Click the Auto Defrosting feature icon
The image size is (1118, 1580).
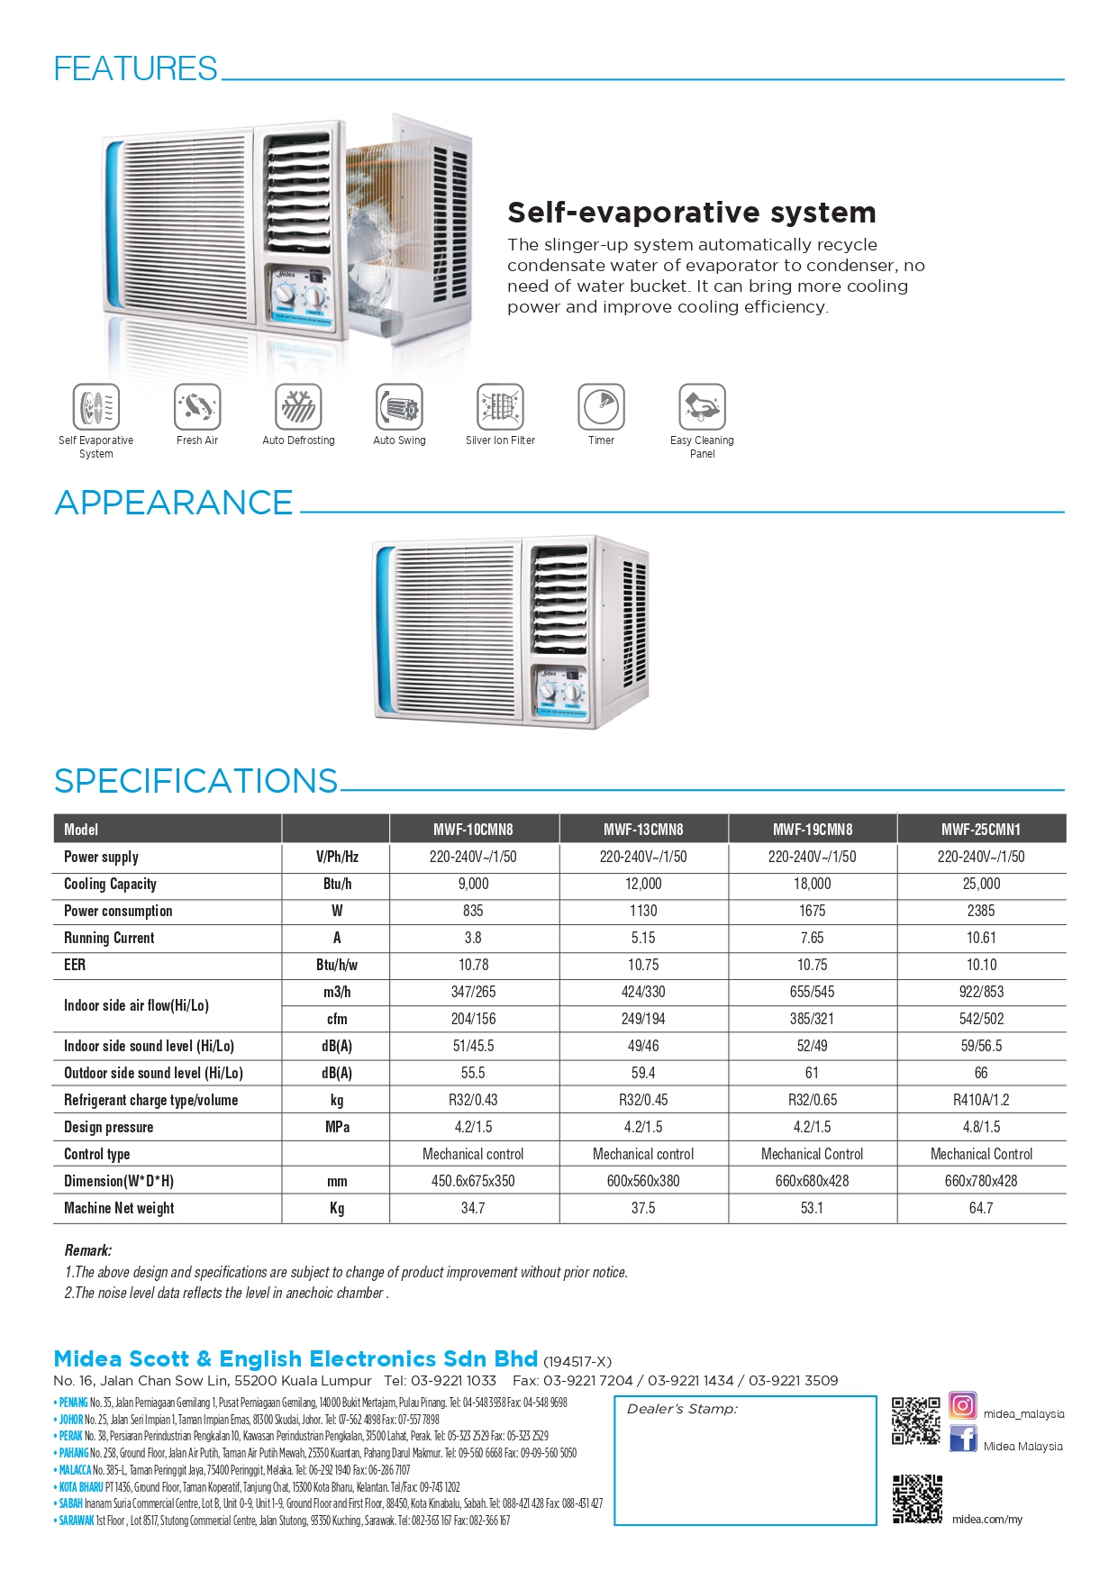[298, 406]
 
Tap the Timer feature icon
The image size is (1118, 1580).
[601, 406]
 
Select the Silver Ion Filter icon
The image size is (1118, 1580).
[500, 406]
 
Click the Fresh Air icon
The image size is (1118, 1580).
[197, 406]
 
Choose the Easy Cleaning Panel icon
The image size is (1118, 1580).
[702, 406]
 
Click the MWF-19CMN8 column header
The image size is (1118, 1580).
[812, 829]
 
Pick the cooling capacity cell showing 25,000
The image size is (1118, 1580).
[981, 884]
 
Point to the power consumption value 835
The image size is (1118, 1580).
[473, 911]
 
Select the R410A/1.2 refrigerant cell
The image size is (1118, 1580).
[981, 1100]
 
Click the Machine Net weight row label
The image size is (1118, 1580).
[119, 1208]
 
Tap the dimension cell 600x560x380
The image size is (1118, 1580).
[643, 1181]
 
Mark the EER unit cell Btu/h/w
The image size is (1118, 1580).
[337, 965]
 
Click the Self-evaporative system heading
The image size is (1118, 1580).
[691, 213]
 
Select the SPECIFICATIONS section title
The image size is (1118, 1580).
[195, 781]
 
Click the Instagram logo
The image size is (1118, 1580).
[962, 1406]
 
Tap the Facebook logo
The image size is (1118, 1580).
[962, 1439]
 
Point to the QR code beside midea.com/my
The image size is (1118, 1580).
[917, 1500]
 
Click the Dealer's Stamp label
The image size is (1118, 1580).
[682, 1409]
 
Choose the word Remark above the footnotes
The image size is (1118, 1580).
[87, 1250]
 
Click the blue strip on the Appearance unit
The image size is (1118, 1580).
[385, 631]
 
